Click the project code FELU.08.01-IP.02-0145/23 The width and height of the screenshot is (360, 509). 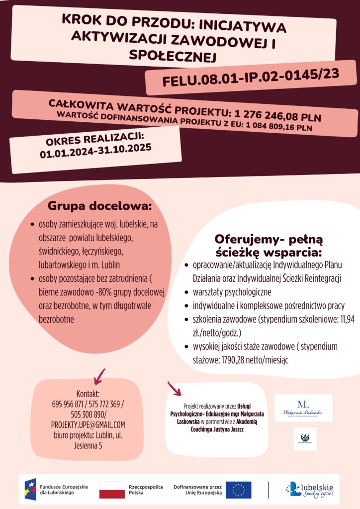[x=251, y=78]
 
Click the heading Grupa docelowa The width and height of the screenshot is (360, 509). [x=99, y=206]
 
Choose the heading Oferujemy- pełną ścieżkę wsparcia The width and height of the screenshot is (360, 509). [x=269, y=244]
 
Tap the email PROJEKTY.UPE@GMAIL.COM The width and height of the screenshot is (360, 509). [x=88, y=424]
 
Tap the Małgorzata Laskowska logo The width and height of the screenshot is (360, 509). [x=303, y=408]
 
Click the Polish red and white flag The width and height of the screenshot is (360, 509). [x=112, y=489]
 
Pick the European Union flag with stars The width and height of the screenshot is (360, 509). [x=238, y=490]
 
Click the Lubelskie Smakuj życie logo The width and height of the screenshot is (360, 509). [x=309, y=489]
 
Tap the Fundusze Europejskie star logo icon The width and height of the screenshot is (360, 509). [x=30, y=489]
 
